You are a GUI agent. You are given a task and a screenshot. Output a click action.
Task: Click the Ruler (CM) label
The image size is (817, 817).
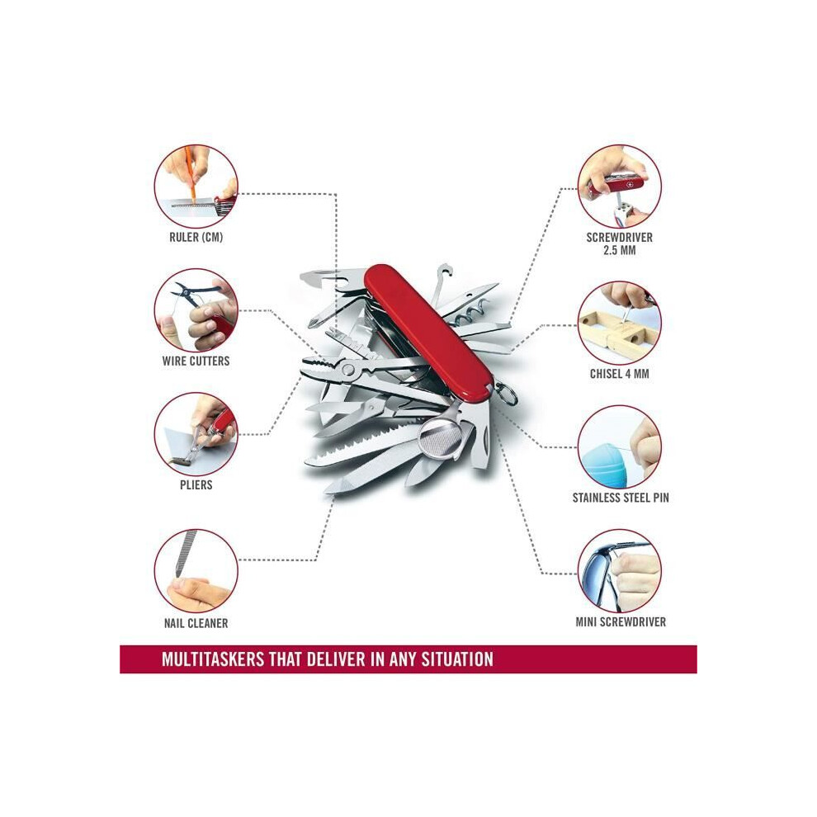[196, 237]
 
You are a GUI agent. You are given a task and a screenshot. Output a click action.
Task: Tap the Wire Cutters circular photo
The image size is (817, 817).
[196, 309]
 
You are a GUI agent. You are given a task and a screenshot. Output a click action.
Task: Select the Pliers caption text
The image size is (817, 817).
[196, 484]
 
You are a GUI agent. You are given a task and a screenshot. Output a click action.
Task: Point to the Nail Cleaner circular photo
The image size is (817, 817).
[196, 570]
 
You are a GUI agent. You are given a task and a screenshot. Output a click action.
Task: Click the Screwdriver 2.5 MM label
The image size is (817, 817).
[620, 243]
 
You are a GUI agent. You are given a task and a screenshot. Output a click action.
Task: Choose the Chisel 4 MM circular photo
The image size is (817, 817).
[620, 323]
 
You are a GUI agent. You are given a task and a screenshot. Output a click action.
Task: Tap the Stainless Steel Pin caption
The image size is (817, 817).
[621, 498]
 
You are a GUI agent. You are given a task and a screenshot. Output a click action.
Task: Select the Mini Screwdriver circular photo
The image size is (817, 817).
[620, 571]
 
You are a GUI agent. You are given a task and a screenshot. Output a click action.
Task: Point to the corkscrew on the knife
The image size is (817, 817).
[472, 312]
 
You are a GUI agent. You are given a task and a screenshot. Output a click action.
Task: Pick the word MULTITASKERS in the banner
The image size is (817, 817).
[213, 659]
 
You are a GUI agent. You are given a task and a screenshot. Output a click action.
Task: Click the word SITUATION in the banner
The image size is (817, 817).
[457, 659]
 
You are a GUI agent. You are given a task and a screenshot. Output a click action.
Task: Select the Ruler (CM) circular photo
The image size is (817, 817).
[196, 187]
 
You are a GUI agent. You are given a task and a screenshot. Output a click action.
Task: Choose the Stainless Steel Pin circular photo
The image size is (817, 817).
[620, 447]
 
